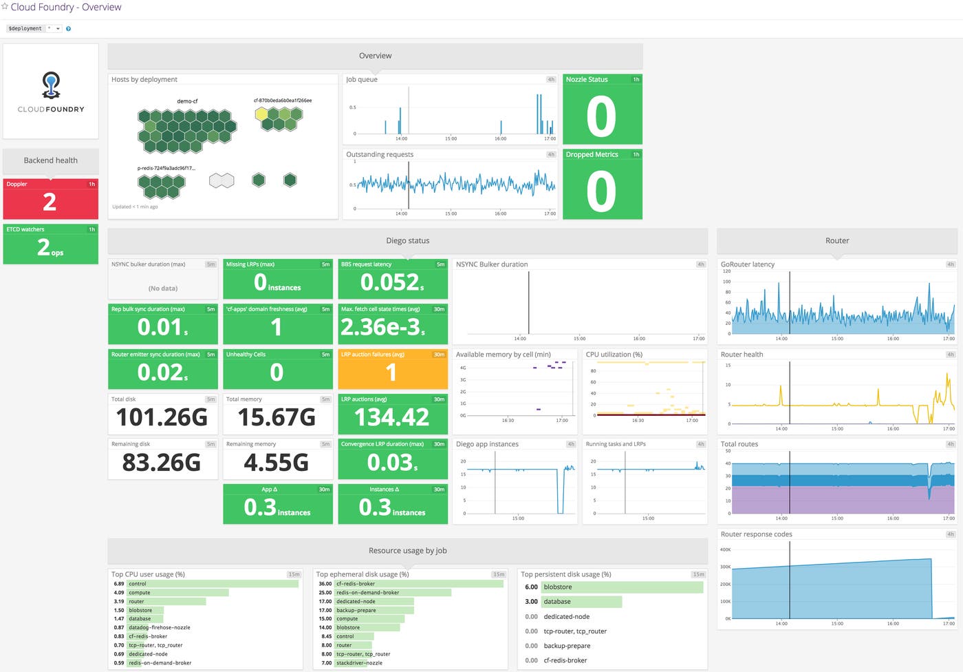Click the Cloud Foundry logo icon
coord(51,85)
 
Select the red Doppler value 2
coord(50,202)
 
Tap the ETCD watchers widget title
coord(25,229)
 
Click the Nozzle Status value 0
coord(601,116)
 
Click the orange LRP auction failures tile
coord(392,369)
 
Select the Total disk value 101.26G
coord(162,417)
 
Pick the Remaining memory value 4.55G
coord(276,463)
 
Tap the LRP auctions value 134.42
coord(391,417)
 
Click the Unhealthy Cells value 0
coord(276,372)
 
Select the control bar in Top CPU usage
coord(213,584)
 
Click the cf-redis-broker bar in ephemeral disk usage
coord(418,584)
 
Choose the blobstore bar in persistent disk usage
coord(622,587)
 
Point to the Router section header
coord(836,241)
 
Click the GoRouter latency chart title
coord(747,264)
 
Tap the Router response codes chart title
coord(756,534)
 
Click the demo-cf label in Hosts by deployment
coord(187,101)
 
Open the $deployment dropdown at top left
coord(58,29)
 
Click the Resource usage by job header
coord(407,551)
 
